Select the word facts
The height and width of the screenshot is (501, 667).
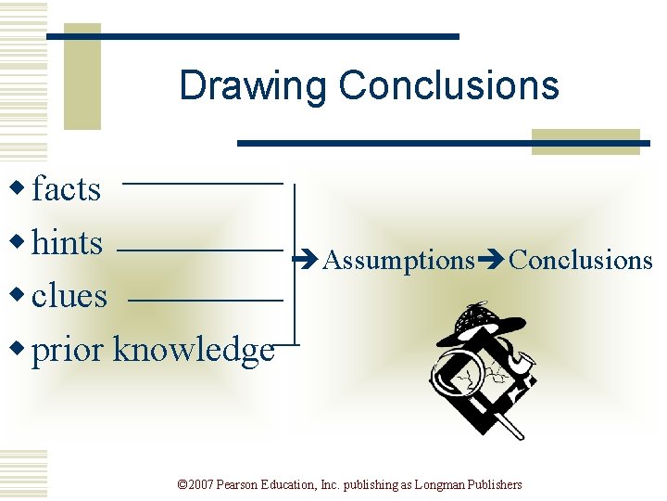66,189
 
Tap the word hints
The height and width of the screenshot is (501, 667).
67,243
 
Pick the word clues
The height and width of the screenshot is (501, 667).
69,296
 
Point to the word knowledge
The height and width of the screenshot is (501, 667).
193,350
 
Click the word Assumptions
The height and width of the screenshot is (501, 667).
398,261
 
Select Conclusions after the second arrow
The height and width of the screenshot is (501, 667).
581,260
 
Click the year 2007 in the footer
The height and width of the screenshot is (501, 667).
201,485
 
